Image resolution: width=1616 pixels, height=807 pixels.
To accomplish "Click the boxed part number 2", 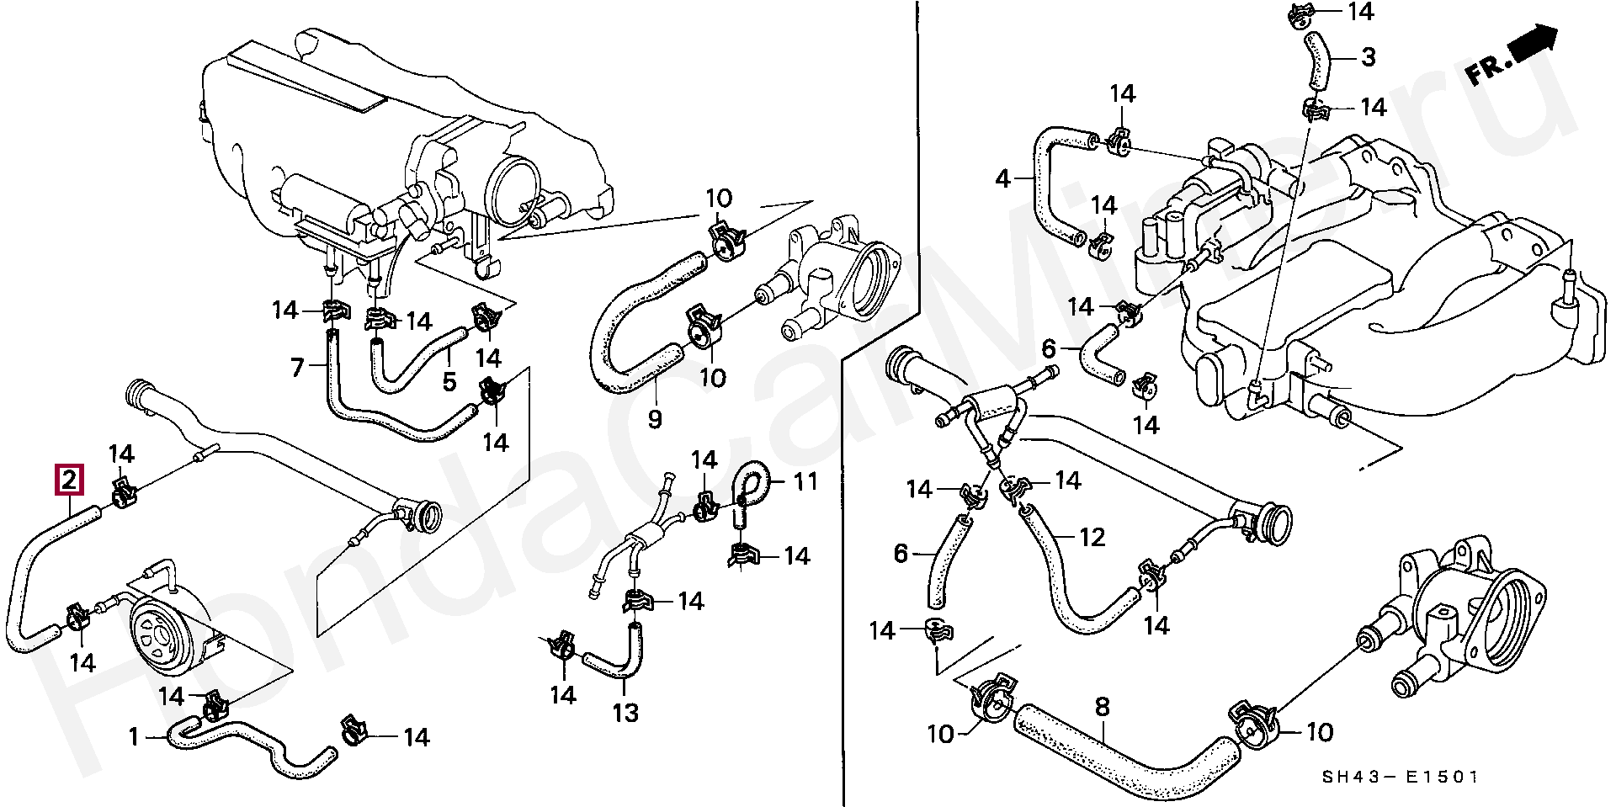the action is click(69, 480).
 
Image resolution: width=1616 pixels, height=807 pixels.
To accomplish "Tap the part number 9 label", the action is click(655, 418).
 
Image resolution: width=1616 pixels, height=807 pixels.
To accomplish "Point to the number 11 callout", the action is click(805, 482).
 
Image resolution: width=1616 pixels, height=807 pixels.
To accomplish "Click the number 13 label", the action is click(625, 713).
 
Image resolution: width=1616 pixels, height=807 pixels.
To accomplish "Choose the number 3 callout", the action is click(1369, 57).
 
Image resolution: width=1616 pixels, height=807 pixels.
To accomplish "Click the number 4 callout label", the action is click(1002, 179).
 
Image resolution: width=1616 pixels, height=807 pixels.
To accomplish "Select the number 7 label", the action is click(296, 368).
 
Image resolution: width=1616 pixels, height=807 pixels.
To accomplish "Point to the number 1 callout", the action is click(133, 738).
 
